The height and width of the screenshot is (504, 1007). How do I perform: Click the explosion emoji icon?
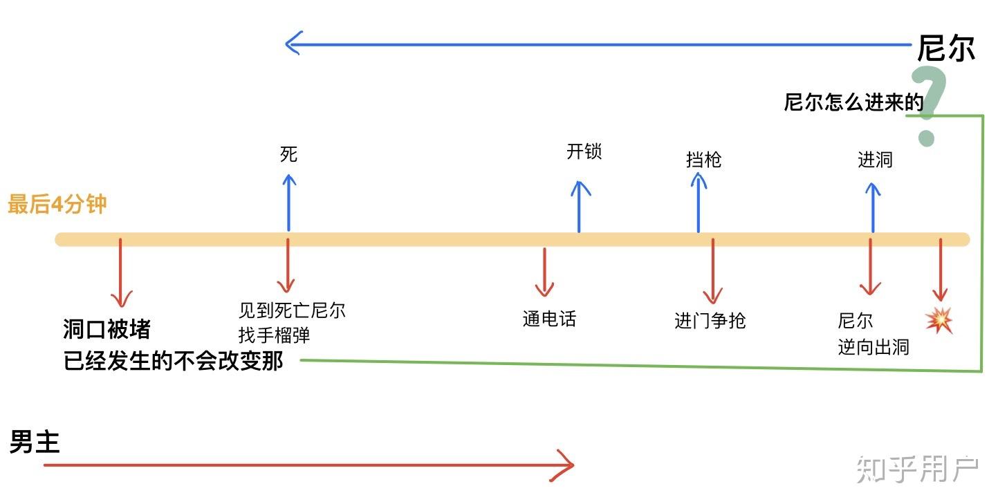tap(939, 321)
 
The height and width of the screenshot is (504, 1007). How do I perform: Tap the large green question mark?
tap(927, 106)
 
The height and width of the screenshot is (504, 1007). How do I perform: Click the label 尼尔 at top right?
tap(945, 48)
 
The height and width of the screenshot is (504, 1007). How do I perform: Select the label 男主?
tap(35, 442)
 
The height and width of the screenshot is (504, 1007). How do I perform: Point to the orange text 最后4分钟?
tap(57, 205)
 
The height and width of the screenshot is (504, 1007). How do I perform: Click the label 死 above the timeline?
tap(288, 154)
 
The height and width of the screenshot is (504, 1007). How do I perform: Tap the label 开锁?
tap(584, 151)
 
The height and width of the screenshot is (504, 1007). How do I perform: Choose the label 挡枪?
tap(703, 160)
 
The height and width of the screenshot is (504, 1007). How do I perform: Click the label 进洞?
tap(875, 160)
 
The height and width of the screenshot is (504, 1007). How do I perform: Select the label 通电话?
tap(549, 319)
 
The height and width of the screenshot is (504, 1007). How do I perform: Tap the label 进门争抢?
tap(710, 321)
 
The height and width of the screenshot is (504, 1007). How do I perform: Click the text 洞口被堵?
tap(107, 330)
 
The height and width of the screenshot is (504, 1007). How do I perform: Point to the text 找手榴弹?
tap(274, 336)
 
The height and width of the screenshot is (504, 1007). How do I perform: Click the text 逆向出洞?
tap(873, 346)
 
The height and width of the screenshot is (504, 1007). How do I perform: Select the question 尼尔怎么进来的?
tap(853, 103)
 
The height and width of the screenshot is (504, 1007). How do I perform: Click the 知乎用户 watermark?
tap(917, 469)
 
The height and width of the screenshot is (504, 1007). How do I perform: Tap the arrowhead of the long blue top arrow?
tap(292, 44)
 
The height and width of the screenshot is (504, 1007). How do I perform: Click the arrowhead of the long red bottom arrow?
tap(567, 465)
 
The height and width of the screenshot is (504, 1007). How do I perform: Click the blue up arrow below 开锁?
tap(579, 205)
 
